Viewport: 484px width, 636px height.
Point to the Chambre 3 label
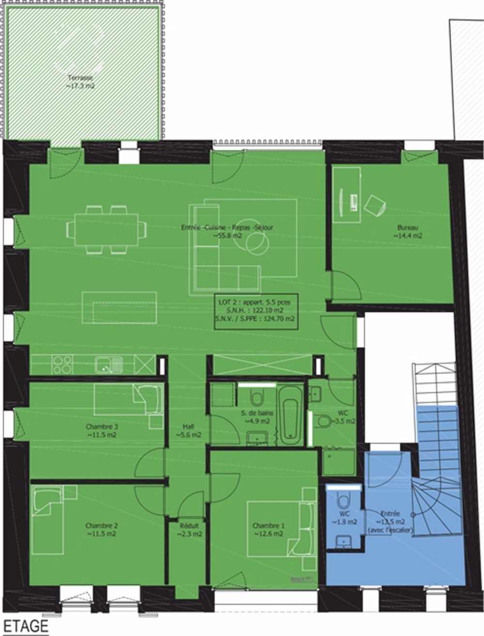102,431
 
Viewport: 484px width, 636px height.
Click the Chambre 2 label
102,530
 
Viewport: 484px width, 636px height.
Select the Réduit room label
189,530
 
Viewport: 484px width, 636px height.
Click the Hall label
188,431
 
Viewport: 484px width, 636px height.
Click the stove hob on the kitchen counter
62,364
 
